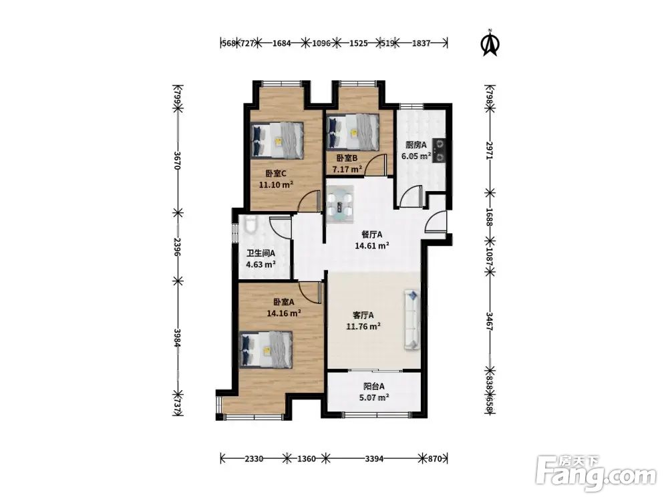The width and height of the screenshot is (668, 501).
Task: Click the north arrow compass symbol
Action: [490, 43]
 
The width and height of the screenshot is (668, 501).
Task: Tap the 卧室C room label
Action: [276, 174]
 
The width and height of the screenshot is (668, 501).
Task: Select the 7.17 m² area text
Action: [347, 170]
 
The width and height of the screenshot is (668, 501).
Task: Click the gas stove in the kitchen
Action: [440, 151]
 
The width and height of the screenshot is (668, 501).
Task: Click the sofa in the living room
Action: [411, 319]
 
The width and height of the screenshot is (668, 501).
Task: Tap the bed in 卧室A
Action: [266, 350]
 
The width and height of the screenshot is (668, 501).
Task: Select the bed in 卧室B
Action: [353, 132]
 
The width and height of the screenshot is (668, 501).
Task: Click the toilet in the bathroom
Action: [251, 224]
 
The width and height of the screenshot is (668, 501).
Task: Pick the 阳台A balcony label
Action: [374, 386]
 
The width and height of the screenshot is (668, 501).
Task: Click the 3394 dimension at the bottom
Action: [374, 459]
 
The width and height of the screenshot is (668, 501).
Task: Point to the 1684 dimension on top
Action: [281, 43]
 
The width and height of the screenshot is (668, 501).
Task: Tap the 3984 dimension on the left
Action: [178, 338]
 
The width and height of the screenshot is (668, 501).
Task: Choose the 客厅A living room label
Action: [363, 315]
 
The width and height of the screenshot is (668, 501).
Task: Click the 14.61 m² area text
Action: [372, 245]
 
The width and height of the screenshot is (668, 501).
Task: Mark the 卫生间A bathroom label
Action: [261, 253]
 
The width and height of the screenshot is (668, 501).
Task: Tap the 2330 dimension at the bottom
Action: [254, 459]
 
